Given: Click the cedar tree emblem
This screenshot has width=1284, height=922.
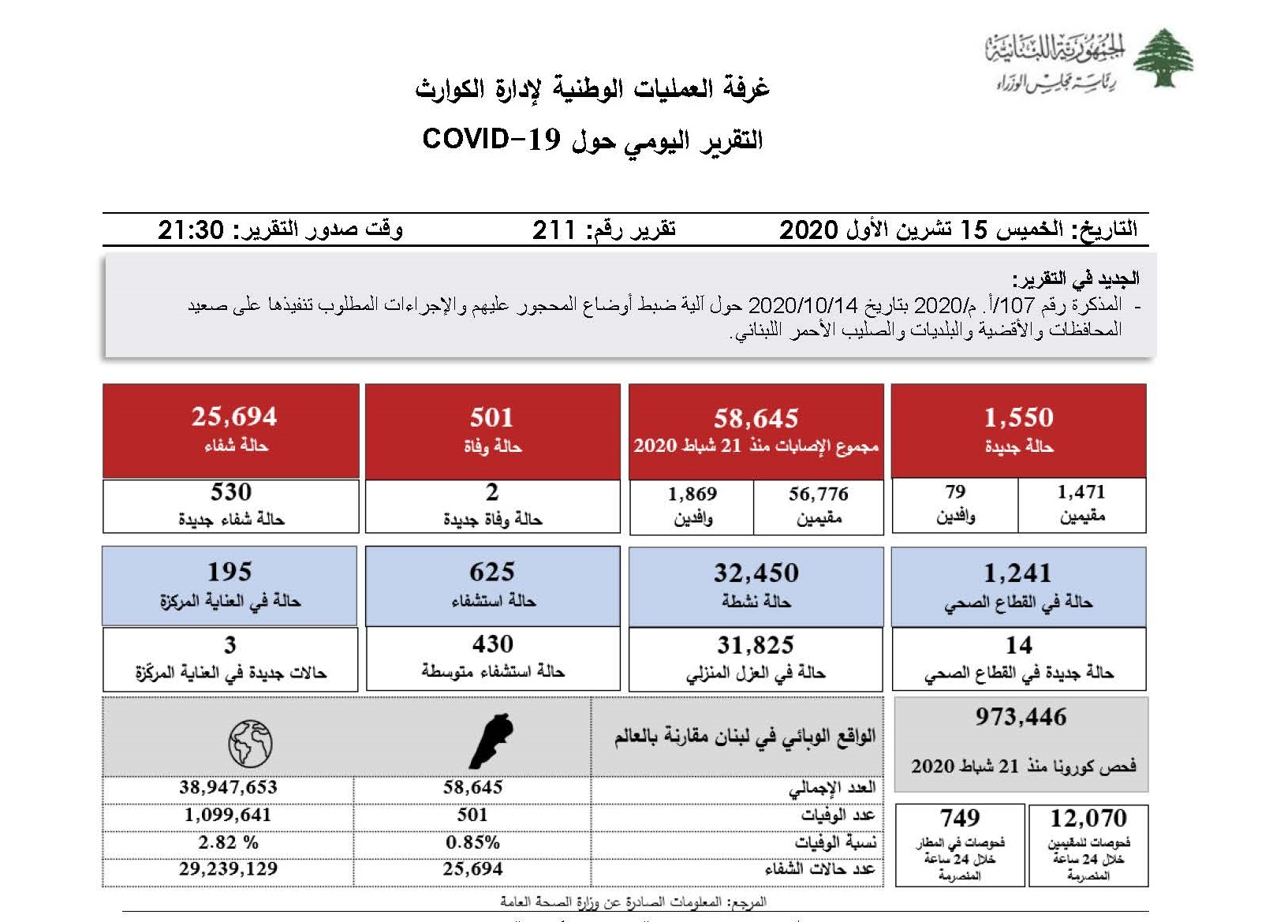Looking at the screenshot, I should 1163,58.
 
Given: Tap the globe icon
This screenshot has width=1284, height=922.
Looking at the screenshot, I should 250,743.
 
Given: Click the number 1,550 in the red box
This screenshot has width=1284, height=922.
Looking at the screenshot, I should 1018,417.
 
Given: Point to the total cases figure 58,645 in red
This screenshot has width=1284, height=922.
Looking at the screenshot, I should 756,418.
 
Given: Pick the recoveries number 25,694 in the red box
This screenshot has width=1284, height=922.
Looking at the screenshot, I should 234,416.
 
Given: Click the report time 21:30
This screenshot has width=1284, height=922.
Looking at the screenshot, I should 191,230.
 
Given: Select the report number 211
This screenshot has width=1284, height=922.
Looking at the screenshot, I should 554,230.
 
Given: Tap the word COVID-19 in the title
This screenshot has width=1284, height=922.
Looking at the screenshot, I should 491,139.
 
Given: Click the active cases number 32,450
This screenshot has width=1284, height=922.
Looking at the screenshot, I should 756,573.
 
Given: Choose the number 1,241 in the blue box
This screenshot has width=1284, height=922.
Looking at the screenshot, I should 1017,573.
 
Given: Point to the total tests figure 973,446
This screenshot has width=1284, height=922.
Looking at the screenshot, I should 1021,717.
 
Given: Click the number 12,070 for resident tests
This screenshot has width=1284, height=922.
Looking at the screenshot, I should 1088,818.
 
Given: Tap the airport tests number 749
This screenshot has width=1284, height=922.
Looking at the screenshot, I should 960,818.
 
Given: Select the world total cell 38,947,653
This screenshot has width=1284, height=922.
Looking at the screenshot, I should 228,787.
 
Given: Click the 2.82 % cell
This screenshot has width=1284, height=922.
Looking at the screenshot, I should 228,842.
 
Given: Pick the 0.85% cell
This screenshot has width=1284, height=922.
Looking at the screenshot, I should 472,842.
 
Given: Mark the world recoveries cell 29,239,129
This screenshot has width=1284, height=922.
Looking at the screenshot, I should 228,869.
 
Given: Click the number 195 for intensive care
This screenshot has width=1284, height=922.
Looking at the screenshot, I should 230,572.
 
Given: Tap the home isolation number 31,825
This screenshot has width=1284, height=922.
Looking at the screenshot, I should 756,646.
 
